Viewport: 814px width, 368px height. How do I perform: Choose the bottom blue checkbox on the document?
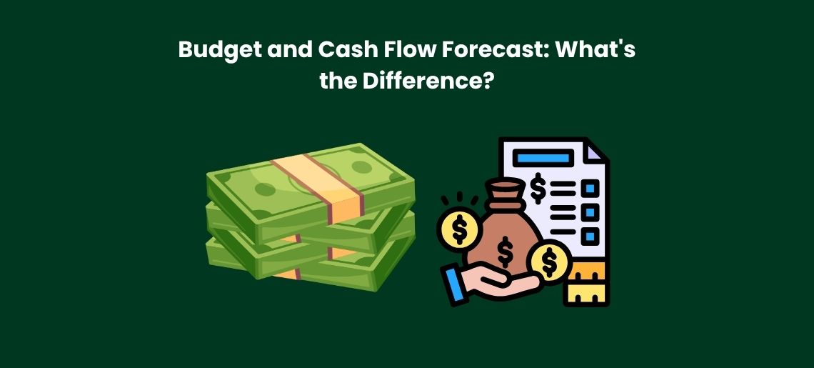pyautogui.click(x=590, y=235)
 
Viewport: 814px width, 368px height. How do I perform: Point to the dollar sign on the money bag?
pyautogui.click(x=506, y=249)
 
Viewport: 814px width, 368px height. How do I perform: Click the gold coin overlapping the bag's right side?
pyautogui.click(x=550, y=261)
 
